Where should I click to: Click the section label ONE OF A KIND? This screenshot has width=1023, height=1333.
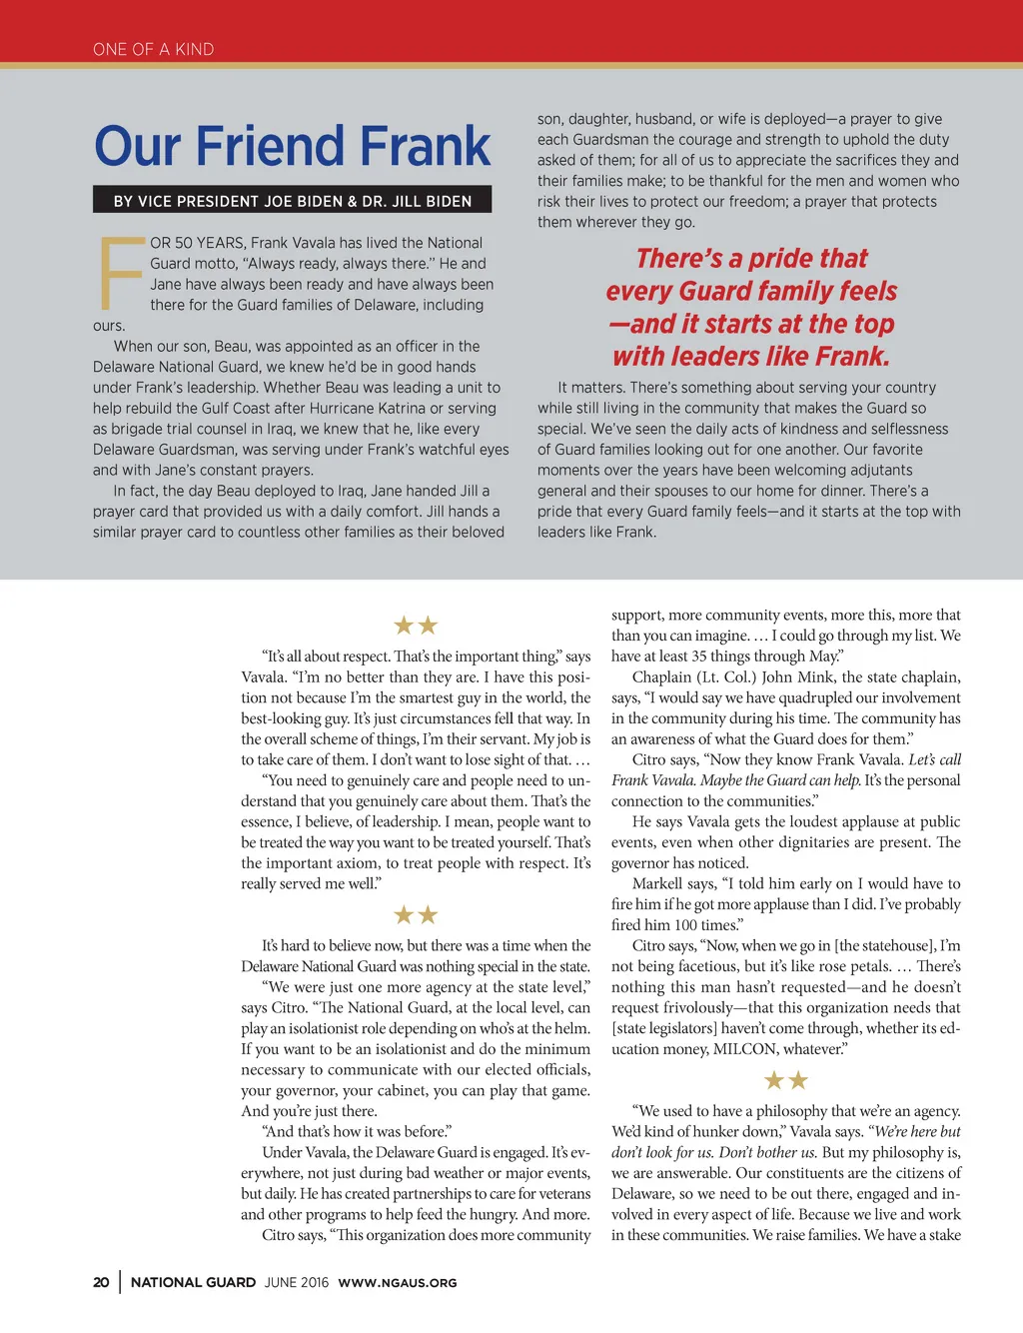[x=153, y=49]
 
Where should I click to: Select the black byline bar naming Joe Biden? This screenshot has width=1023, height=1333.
[x=292, y=201]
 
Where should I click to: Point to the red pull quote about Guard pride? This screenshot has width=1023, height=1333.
[x=751, y=307]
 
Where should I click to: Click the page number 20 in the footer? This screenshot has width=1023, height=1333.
[x=101, y=1282]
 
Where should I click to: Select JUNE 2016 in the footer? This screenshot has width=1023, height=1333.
[x=296, y=1282]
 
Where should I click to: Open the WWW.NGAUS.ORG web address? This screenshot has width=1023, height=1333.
[x=397, y=1282]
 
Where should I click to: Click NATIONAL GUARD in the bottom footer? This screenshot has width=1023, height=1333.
[x=193, y=1282]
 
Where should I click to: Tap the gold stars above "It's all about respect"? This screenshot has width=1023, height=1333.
[x=416, y=626]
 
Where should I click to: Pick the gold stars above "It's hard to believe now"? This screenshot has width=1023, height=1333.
[x=416, y=915]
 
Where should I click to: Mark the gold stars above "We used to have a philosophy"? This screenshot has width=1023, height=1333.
[x=785, y=1080]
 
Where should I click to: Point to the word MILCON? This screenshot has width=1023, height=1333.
[x=745, y=1049]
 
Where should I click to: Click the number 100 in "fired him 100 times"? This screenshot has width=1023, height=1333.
[x=686, y=925]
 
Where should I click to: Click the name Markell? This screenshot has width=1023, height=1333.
[x=659, y=883]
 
